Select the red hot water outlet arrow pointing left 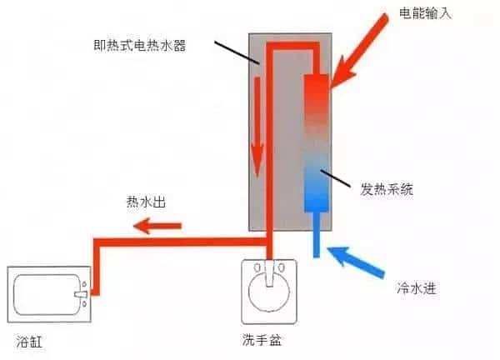(159, 223)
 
